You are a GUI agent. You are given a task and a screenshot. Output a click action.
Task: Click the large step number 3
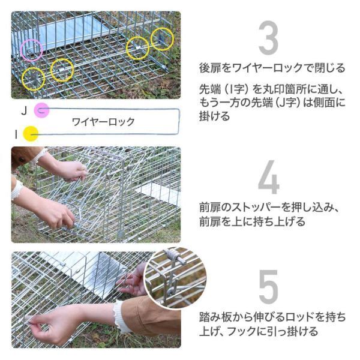(268, 38)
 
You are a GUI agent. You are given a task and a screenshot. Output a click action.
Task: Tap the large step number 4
(268, 177)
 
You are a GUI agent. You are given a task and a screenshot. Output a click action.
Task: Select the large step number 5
(268, 286)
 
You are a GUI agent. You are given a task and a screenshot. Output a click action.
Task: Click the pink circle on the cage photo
(31, 50)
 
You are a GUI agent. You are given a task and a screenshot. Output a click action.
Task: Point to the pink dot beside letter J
(41, 110)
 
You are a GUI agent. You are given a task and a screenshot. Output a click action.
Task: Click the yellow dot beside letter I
(31, 134)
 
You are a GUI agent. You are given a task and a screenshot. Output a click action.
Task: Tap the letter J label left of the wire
(24, 111)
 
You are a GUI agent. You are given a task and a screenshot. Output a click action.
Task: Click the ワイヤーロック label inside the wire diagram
(103, 122)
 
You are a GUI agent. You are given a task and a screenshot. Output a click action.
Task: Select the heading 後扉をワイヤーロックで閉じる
(272, 68)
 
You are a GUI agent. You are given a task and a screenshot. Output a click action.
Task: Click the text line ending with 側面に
(272, 103)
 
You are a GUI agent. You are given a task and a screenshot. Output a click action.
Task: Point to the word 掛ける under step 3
(214, 116)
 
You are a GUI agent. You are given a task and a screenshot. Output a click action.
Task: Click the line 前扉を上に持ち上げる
(252, 221)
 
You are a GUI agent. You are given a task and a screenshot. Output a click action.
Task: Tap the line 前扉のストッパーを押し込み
(269, 208)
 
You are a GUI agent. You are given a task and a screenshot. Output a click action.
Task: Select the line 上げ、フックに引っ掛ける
(259, 331)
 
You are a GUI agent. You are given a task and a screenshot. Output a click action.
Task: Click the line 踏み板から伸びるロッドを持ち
(272, 317)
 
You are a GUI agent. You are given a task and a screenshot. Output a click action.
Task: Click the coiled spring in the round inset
(172, 254)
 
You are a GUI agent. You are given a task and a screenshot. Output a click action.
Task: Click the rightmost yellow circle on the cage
(162, 39)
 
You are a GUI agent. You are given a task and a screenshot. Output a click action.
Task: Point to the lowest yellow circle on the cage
(33, 79)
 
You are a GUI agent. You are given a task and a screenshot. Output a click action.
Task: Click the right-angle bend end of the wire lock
(178, 121)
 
